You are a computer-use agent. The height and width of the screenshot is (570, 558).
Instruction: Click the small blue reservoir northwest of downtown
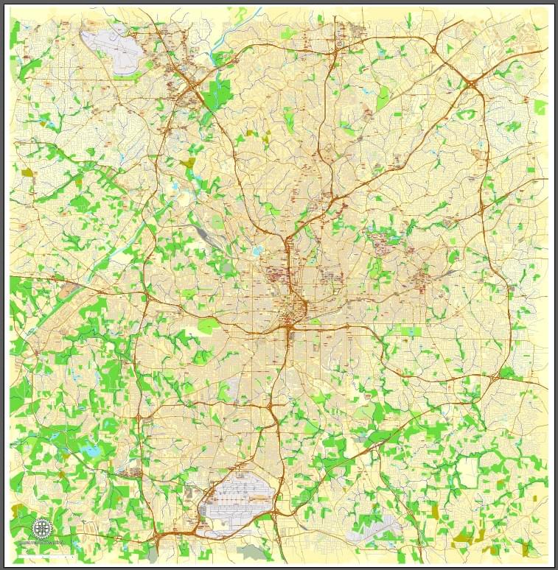pos(257,251)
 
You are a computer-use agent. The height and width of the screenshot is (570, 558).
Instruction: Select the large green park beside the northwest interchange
pos(218,94)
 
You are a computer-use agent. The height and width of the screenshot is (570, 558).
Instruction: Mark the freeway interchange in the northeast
pos(472,82)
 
